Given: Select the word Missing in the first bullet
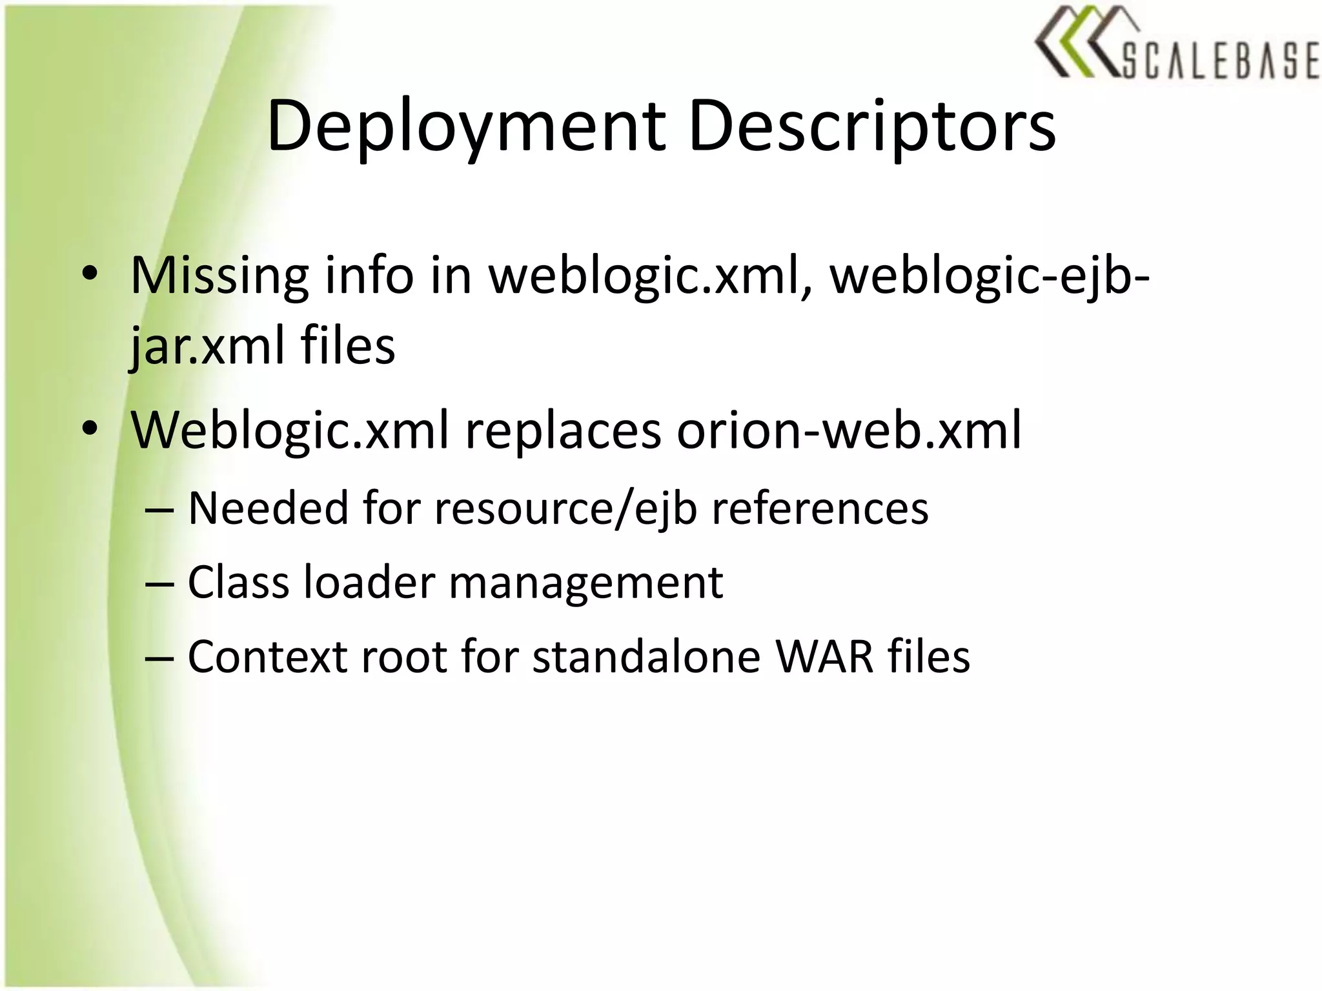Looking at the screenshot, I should tap(219, 276).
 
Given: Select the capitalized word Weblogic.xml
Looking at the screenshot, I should tap(290, 430).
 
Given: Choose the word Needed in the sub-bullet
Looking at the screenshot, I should tap(268, 508).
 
